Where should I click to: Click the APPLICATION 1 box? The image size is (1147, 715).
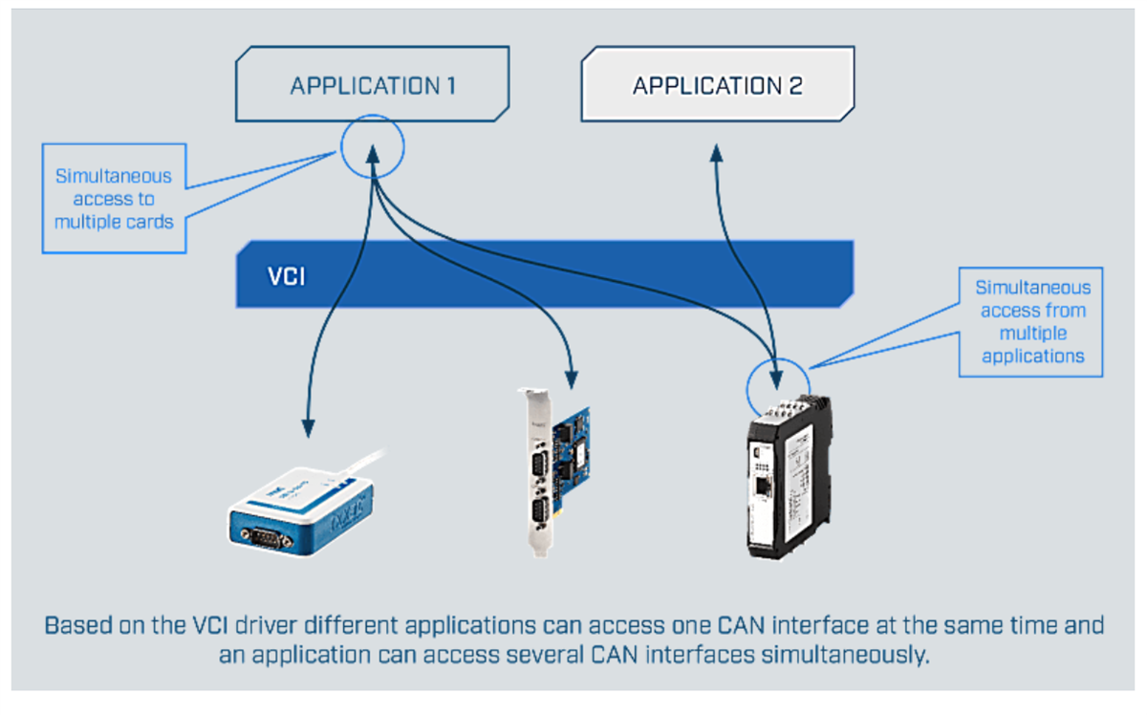point(373,86)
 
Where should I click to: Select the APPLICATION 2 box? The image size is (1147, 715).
point(717,86)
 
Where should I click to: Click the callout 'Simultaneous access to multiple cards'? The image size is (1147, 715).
point(113,199)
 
